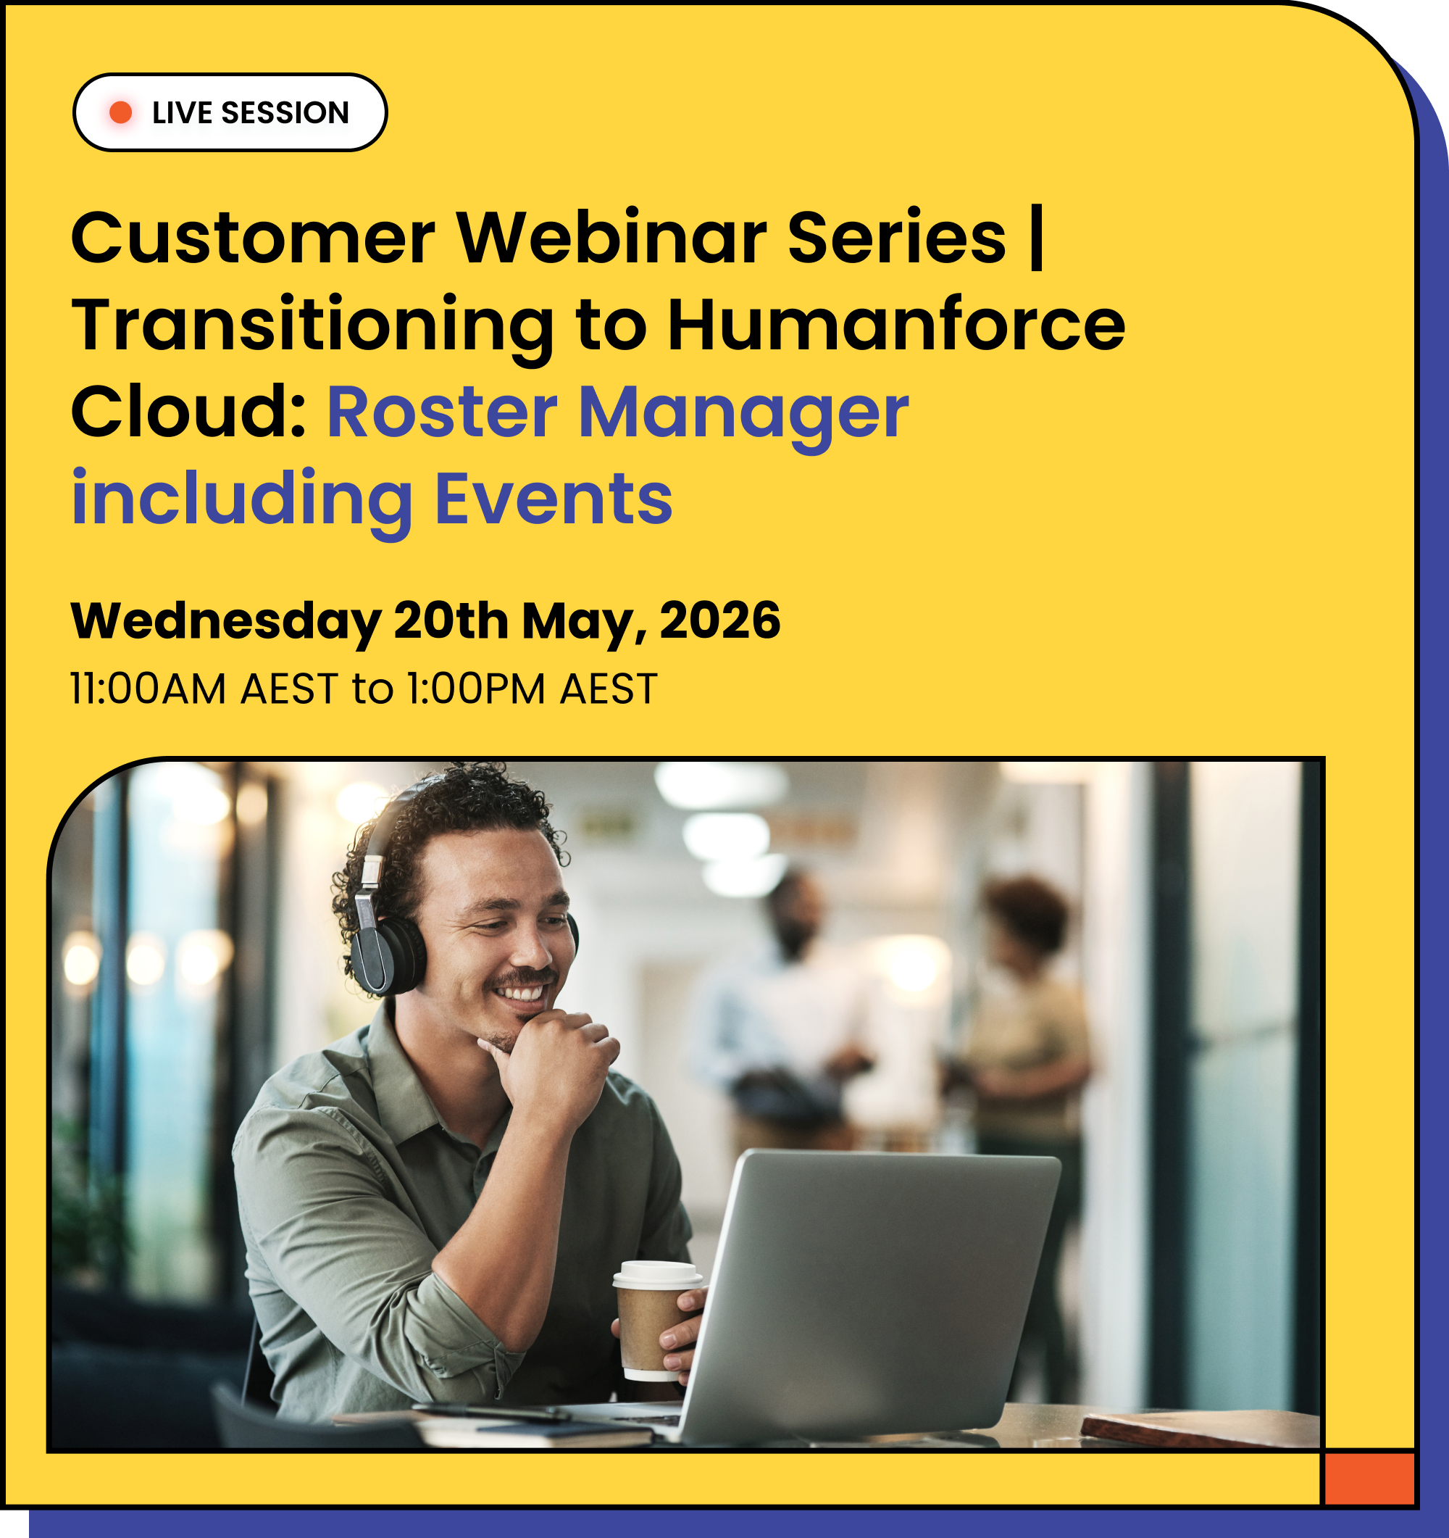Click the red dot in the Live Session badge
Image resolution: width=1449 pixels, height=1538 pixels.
120,113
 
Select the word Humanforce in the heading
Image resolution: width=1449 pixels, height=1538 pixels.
896,325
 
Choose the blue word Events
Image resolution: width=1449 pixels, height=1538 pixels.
554,498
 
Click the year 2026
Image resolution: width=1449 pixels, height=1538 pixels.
720,620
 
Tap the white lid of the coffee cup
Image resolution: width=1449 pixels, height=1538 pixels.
657,1273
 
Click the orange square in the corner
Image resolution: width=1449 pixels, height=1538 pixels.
1369,1479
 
